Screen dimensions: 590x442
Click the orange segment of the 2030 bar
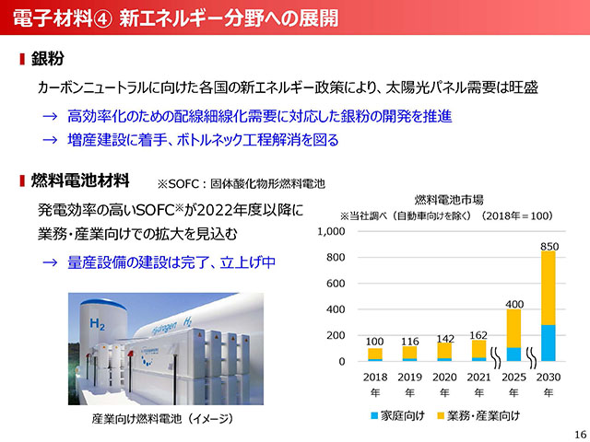coord(549,288)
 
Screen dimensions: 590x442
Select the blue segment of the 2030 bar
coord(549,343)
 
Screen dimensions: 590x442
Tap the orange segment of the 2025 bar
coord(513,329)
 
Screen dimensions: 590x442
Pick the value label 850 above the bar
coord(549,247)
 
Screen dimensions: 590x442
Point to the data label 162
coord(478,335)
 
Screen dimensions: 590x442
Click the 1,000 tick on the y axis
coord(331,231)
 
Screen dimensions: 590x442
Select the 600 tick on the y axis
coord(336,284)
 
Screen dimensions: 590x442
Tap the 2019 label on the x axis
coord(409,377)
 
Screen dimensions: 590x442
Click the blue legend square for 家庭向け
coord(374,415)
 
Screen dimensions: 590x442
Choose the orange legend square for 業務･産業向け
coord(441,415)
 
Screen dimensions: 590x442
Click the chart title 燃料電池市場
coord(449,200)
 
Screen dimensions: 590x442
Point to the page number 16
coord(580,434)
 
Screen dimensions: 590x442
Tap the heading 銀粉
coord(47,59)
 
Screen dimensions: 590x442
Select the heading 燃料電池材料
coord(80,180)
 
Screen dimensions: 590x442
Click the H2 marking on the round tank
coord(97,323)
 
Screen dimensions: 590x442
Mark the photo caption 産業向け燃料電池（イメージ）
coord(162,419)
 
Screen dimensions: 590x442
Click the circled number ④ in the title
coord(102,18)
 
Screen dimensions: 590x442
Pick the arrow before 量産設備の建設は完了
coord(50,262)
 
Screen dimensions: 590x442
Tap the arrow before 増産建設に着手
coord(50,140)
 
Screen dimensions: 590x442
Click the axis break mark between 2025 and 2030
coord(531,358)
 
